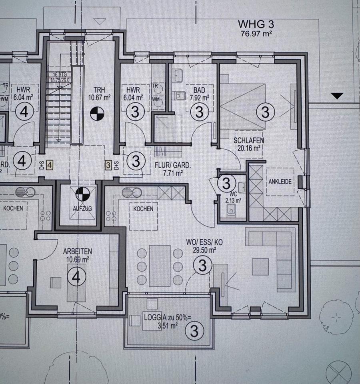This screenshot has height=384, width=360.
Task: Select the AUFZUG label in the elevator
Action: [x=82, y=209]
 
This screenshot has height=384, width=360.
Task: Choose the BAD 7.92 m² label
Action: [x=199, y=94]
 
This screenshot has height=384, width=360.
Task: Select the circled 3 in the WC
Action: [x=226, y=184]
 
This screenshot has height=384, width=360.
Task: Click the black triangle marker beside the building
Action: [x=338, y=96]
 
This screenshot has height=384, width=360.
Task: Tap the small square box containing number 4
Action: [x=50, y=164]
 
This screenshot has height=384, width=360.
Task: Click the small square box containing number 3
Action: [x=108, y=164]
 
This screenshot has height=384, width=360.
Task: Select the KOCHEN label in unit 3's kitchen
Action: [x=143, y=209]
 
